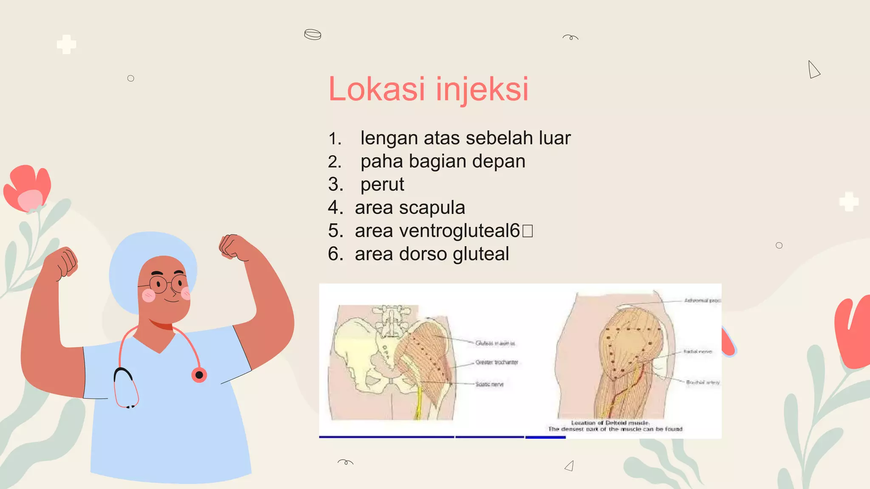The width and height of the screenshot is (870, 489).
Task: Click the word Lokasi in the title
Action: click(376, 89)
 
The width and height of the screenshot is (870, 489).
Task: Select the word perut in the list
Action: click(382, 185)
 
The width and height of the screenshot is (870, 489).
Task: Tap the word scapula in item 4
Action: click(432, 208)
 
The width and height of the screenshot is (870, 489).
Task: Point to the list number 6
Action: click(335, 254)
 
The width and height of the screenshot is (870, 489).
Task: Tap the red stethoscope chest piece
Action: click(199, 375)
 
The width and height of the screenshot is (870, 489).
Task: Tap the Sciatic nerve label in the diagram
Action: click(489, 384)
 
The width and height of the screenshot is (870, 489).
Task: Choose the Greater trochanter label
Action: click(497, 362)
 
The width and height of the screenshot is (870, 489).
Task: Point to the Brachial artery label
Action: click(703, 382)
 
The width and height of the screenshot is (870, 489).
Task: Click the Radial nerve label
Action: click(698, 351)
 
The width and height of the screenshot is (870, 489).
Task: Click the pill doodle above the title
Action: click(313, 34)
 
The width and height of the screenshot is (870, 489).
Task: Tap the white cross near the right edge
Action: click(849, 202)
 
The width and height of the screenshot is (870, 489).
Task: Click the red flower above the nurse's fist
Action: click(28, 188)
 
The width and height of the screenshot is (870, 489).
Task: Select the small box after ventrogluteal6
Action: click(527, 231)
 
